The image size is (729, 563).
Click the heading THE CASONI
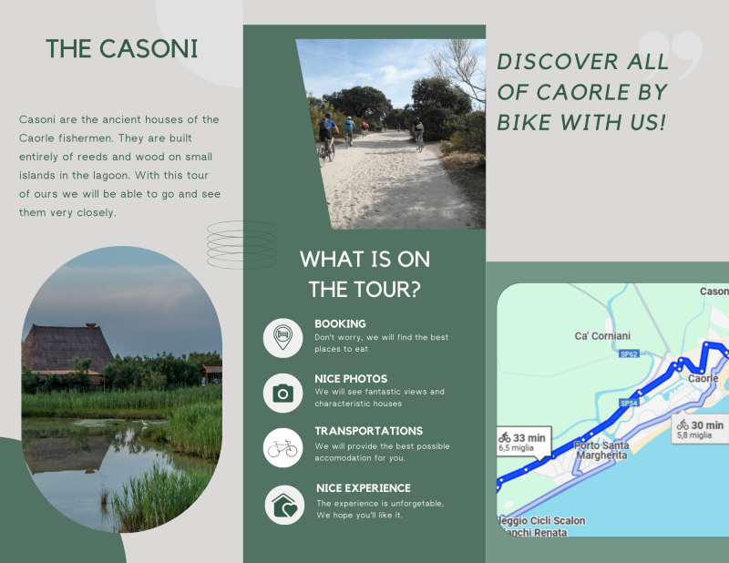click(x=122, y=49)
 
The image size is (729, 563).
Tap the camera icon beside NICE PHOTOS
click(x=282, y=394)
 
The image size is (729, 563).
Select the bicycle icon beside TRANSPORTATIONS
click(x=282, y=448)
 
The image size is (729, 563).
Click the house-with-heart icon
click(x=284, y=506)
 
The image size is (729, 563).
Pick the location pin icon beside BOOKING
click(x=282, y=338)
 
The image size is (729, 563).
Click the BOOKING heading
click(x=340, y=323)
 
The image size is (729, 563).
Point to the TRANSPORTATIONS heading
click(x=369, y=431)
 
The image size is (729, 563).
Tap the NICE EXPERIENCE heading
click(x=364, y=488)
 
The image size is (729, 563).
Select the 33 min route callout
click(x=524, y=442)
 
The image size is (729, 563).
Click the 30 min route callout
click(x=700, y=429)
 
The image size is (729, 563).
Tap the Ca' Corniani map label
click(x=602, y=335)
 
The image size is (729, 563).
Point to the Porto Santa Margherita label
click(x=601, y=450)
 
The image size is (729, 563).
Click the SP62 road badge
click(x=629, y=354)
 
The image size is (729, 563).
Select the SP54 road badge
click(x=629, y=403)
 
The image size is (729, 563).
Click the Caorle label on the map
click(x=703, y=378)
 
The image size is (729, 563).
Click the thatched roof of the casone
click(x=67, y=347)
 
